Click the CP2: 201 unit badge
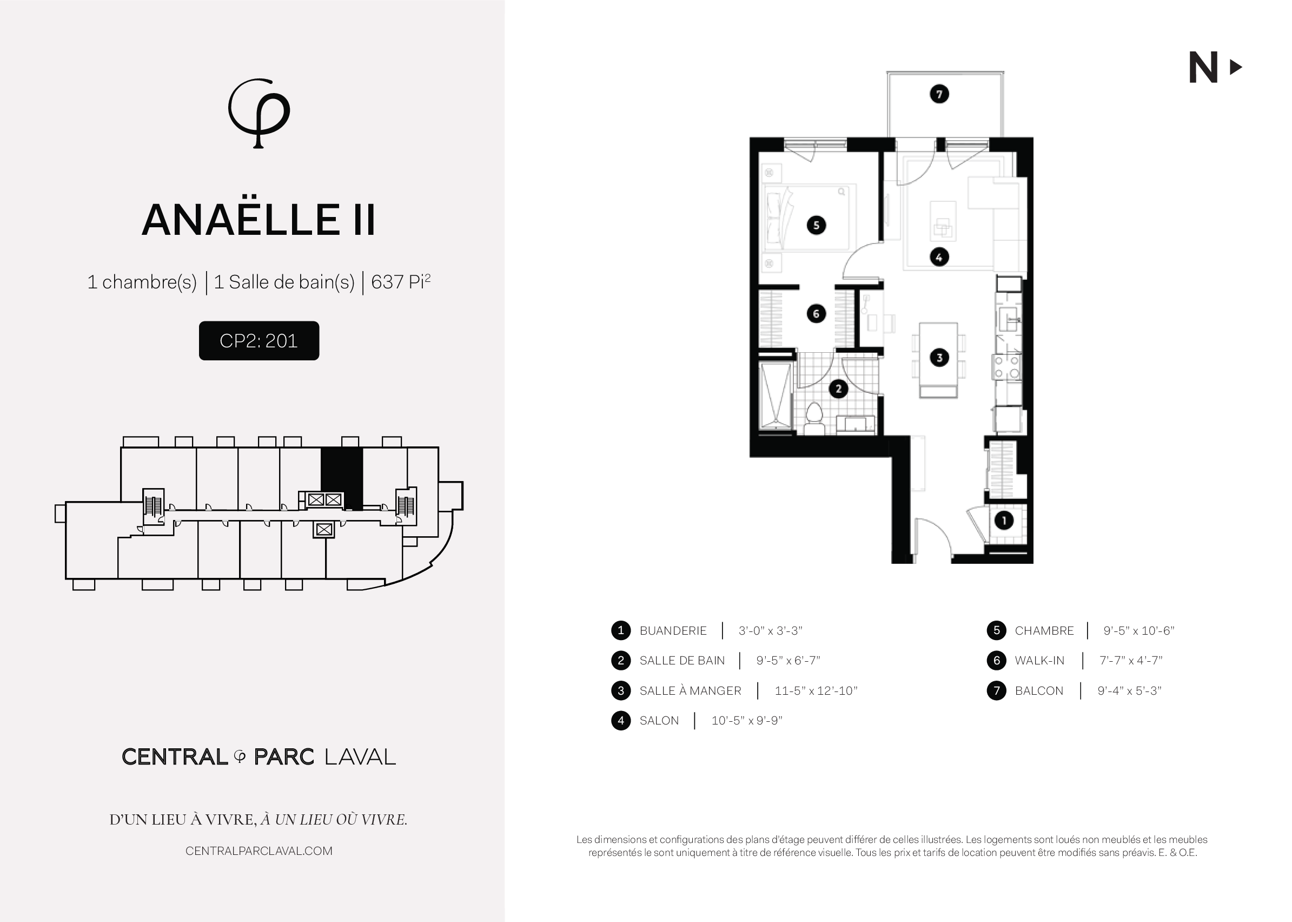coord(259,341)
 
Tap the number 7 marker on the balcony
coord(939,94)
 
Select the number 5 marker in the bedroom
coord(817,225)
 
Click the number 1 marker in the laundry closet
coord(1004,520)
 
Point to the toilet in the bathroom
coord(814,419)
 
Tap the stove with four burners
coord(1006,367)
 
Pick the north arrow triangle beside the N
coord(1235,68)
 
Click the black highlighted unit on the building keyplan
coord(342,477)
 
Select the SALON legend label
coord(659,721)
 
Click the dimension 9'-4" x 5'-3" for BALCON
coord(1129,691)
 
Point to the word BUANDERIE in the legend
coord(673,631)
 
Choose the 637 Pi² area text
coord(401,281)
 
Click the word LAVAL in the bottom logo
coord(360,757)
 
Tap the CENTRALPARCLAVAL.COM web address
coord(259,851)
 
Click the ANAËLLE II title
coord(259,220)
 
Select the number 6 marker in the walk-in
coord(816,313)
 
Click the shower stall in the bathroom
coord(775,396)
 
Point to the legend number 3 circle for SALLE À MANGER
coord(621,690)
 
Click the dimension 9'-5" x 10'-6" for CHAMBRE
coord(1138,631)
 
